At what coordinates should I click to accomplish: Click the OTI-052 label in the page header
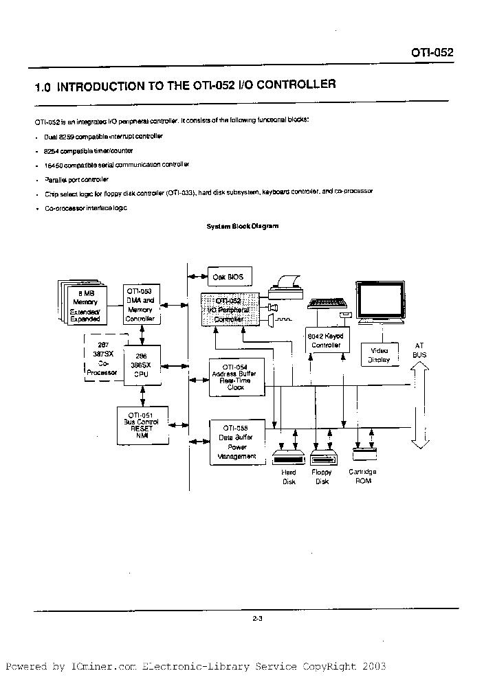(432, 52)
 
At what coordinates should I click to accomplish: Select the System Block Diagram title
(243, 226)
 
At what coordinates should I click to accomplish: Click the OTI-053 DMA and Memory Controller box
(141, 305)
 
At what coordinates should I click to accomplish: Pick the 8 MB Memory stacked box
(85, 304)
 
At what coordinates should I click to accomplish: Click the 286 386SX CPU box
(141, 365)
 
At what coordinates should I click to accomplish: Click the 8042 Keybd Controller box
(327, 341)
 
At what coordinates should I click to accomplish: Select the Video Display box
(379, 354)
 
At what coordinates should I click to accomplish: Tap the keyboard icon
(329, 304)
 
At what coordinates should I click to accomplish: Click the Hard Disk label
(289, 477)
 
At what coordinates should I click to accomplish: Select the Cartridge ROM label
(363, 476)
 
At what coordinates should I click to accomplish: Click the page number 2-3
(258, 619)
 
